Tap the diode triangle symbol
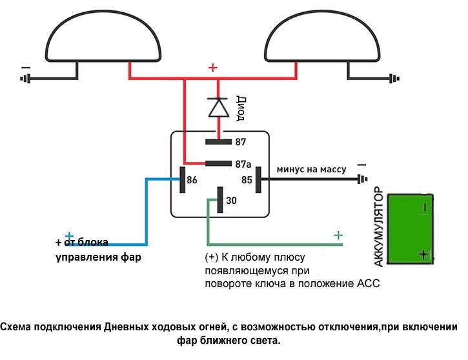point(218,108)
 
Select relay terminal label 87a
point(243,164)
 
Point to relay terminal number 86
point(192,180)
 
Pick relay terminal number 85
point(246,180)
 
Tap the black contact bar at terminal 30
point(220,199)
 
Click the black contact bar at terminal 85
point(258,179)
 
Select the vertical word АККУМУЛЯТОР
point(380,228)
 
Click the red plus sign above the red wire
point(213,67)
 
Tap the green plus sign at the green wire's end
point(338,235)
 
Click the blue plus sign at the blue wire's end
point(69,236)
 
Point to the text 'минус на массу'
point(311,169)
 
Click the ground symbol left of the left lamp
point(26,79)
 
